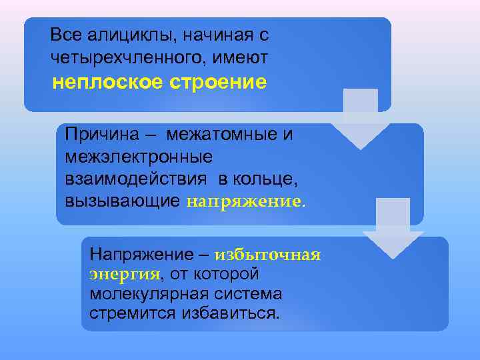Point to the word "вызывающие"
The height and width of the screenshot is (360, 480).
coord(123,201)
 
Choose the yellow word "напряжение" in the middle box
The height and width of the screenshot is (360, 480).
coord(244,201)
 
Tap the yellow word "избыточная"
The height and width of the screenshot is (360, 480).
coord(269,254)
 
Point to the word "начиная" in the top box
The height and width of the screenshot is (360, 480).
coord(212,33)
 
